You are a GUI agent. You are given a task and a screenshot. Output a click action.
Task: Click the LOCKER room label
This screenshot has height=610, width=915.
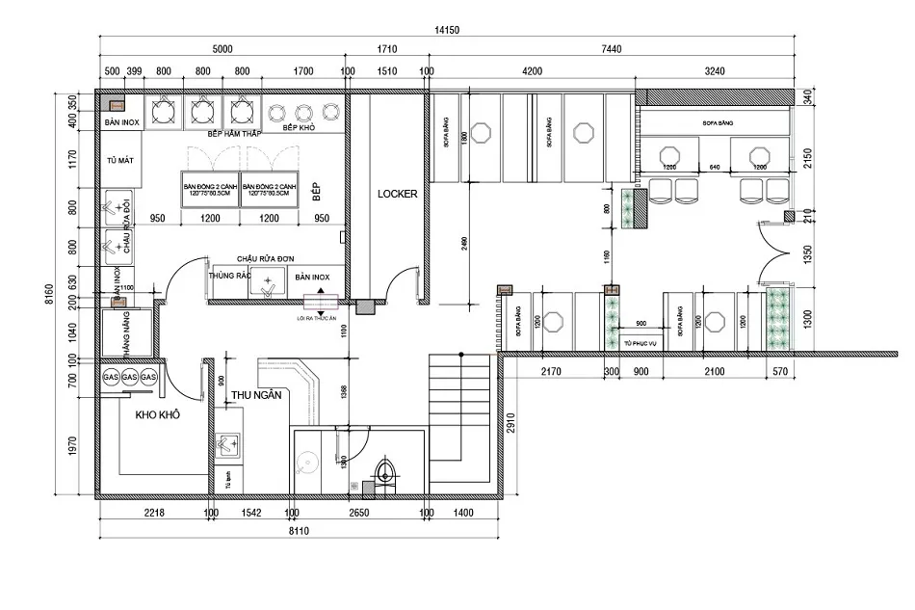[x=397, y=194]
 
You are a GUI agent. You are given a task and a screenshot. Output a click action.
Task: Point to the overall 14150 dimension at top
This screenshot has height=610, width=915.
[x=448, y=31]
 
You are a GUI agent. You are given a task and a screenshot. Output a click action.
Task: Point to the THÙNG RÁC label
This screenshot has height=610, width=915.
[x=228, y=277]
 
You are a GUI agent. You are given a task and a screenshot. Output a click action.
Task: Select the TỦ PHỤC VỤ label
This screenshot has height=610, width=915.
[x=640, y=343]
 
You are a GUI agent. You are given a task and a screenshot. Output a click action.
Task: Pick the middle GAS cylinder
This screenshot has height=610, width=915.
[x=130, y=377]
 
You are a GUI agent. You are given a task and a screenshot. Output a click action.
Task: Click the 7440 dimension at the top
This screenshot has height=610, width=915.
[x=610, y=48]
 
